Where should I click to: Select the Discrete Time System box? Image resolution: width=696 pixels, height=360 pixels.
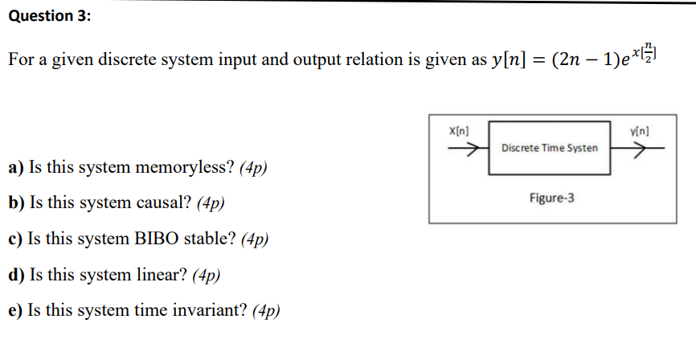point(549,149)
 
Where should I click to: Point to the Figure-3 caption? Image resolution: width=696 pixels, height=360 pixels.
point(551,197)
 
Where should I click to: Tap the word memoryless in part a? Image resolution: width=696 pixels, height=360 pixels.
point(190,168)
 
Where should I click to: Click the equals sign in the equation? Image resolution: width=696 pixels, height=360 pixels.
point(536,61)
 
